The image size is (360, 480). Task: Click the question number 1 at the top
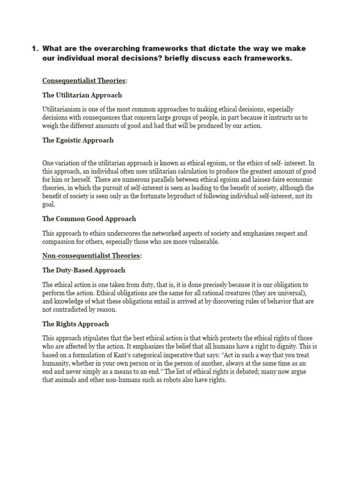pyautogui.click(x=34, y=49)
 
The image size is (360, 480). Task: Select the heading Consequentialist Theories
pyautogui.click(x=84, y=81)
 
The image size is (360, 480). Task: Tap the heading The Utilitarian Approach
pyautogui.click(x=82, y=95)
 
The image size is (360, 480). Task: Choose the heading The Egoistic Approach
pyautogui.click(x=78, y=140)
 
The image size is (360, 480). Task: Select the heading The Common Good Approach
pyautogui.click(x=89, y=219)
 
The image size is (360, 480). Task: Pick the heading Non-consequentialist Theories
pyautogui.click(x=91, y=256)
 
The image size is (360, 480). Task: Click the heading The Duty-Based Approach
pyautogui.click(x=84, y=270)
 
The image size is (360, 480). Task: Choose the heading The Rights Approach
pyautogui.click(x=75, y=324)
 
